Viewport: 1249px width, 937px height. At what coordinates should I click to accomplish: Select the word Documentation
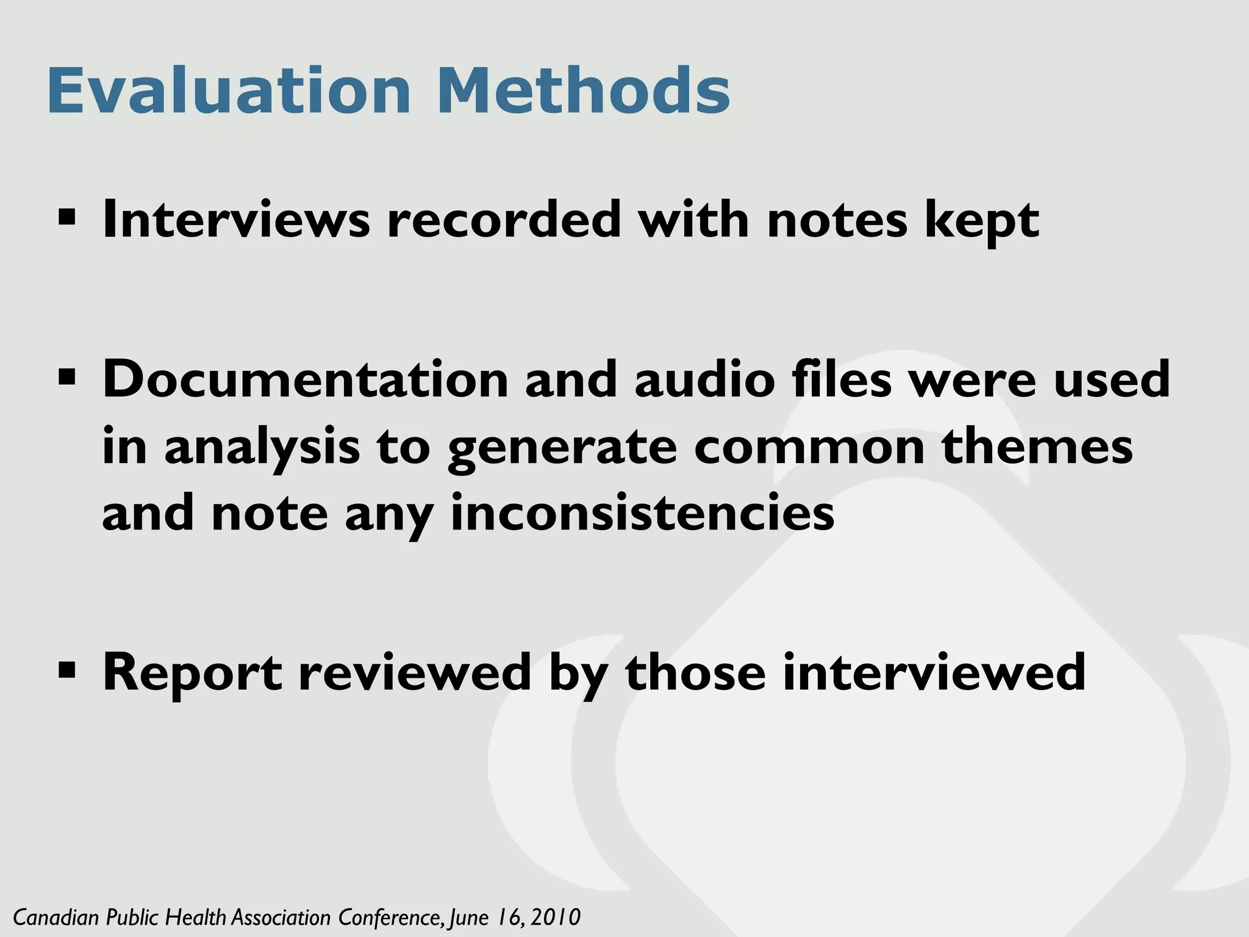[305, 379]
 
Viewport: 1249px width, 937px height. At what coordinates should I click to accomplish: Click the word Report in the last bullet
[192, 673]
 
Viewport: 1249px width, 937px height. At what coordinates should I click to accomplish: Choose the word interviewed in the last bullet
[934, 672]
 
